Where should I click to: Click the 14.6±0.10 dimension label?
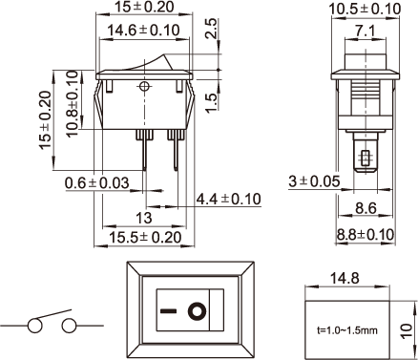(x=143, y=31)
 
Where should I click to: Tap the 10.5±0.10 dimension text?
(x=365, y=9)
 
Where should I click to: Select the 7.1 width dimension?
(x=366, y=31)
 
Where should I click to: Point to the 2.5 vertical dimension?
(x=211, y=29)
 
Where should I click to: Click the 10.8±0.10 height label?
(x=73, y=104)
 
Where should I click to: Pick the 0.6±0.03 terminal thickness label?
(x=97, y=183)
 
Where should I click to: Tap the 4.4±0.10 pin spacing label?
(x=228, y=199)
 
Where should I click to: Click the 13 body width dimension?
(x=144, y=219)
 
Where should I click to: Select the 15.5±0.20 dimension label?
(x=145, y=238)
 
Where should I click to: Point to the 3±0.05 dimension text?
(x=314, y=181)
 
